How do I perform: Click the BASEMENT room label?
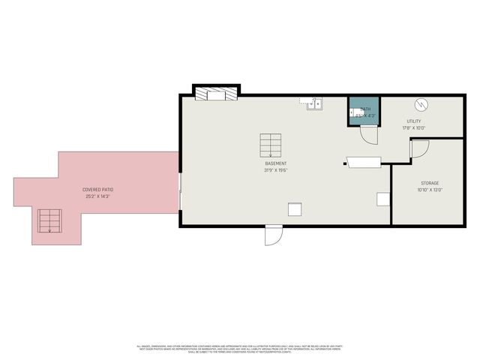(275, 163)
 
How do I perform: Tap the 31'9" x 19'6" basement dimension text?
(275, 170)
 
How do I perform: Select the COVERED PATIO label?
(97, 190)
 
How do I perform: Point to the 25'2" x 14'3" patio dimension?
(97, 196)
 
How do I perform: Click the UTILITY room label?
(414, 121)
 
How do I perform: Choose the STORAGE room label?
(429, 183)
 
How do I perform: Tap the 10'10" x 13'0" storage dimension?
(429, 190)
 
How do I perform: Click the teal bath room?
(364, 111)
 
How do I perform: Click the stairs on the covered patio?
(50, 220)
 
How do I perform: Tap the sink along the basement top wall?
(314, 103)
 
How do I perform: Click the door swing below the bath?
(369, 135)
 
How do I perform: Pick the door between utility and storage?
(418, 148)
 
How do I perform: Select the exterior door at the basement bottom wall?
(273, 235)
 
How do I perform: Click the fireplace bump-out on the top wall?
(216, 93)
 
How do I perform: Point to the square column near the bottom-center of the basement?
(295, 210)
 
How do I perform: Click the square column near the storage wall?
(383, 199)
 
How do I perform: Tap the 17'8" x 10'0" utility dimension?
(414, 127)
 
